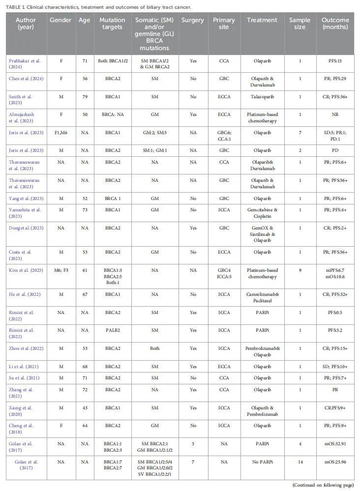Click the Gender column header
tap(61, 20)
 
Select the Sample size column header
tap(300, 24)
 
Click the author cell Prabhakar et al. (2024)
tap(25, 64)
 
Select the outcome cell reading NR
tap(335, 115)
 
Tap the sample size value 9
tap(300, 270)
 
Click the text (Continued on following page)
tap(323, 485)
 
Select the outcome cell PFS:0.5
tap(335, 313)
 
